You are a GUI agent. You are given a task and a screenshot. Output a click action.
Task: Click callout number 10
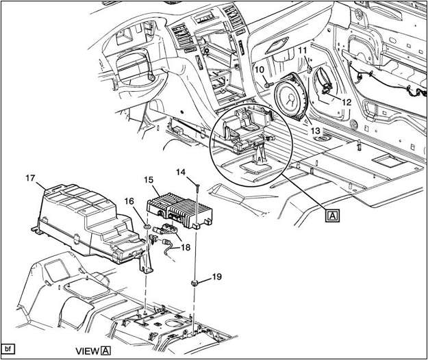tap(260, 69)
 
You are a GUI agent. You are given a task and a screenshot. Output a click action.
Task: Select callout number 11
tap(302, 51)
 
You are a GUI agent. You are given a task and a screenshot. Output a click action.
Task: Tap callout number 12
tap(347, 101)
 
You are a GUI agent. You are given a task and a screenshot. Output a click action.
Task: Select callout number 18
tap(186, 248)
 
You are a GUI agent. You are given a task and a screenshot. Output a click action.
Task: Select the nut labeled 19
tap(196, 282)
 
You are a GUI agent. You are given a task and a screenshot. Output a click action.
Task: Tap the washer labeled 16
tap(147, 227)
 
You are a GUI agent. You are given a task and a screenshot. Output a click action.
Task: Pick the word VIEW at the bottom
tap(87, 350)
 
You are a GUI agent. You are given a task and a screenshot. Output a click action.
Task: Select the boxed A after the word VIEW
tap(105, 350)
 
